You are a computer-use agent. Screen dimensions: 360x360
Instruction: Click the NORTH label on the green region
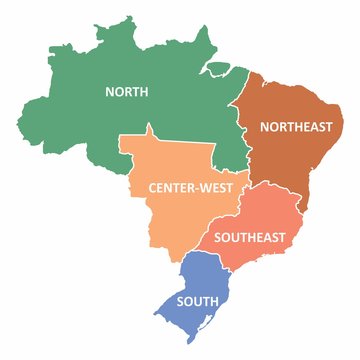[127, 91]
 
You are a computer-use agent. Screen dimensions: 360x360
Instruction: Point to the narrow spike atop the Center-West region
[149, 129]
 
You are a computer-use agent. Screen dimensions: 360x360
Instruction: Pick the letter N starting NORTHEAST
[263, 126]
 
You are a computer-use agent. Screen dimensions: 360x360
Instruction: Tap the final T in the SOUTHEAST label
[283, 237]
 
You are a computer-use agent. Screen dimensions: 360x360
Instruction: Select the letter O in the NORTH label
[118, 91]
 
